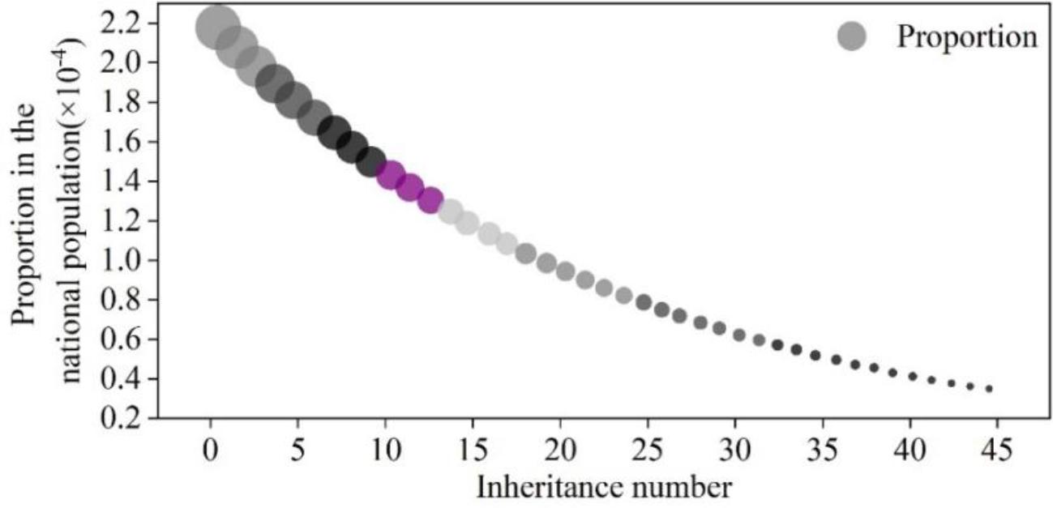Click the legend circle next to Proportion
pyautogui.click(x=852, y=36)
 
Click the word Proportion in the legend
pyautogui.click(x=966, y=36)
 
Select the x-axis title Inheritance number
pyautogui.click(x=604, y=488)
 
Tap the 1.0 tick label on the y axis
pyautogui.click(x=120, y=260)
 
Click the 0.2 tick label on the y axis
pyautogui.click(x=120, y=418)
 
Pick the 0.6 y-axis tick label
pyautogui.click(x=120, y=339)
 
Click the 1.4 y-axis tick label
pyautogui.click(x=120, y=181)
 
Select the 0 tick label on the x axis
pyautogui.click(x=211, y=449)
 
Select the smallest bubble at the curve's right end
pyautogui.click(x=989, y=389)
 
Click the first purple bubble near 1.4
pyautogui.click(x=392, y=174)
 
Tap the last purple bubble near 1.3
pyautogui.click(x=430, y=199)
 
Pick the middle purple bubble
pyautogui.click(x=411, y=187)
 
